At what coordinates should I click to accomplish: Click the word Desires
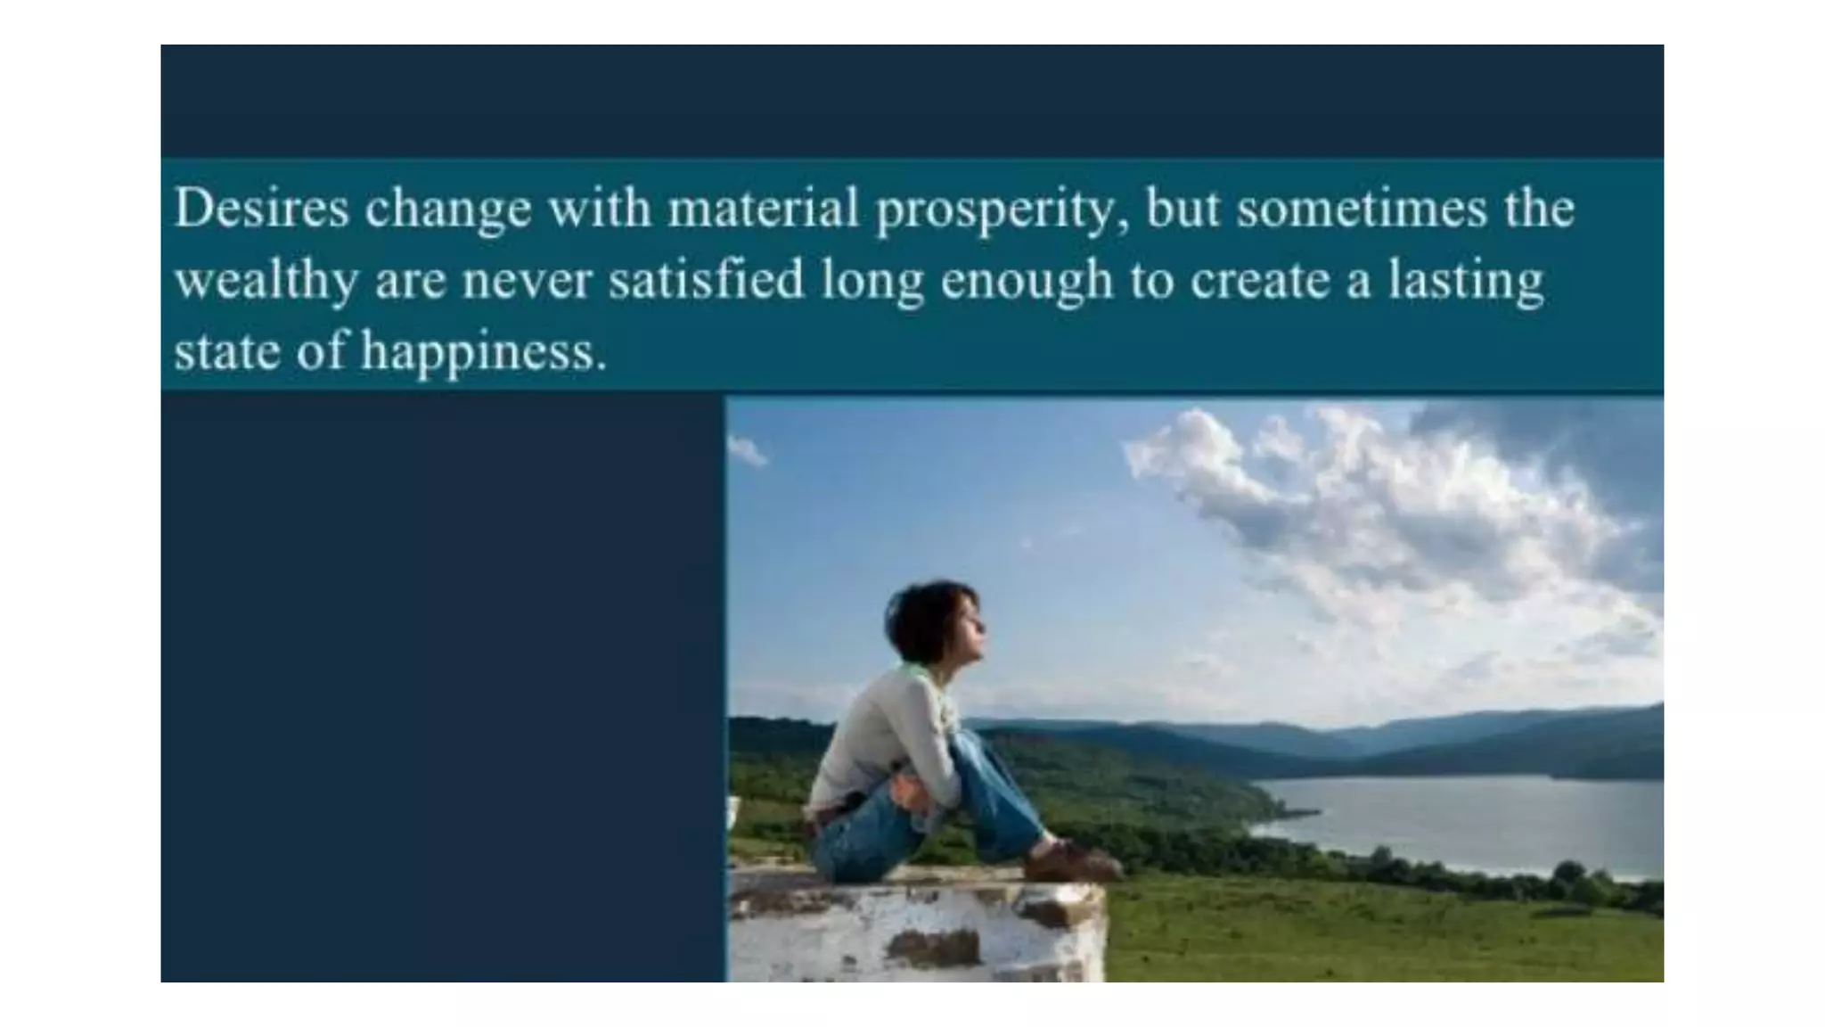261,209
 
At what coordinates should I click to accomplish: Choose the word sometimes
1363,209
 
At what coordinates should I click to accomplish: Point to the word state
227,350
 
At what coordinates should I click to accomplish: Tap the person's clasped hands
913,790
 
